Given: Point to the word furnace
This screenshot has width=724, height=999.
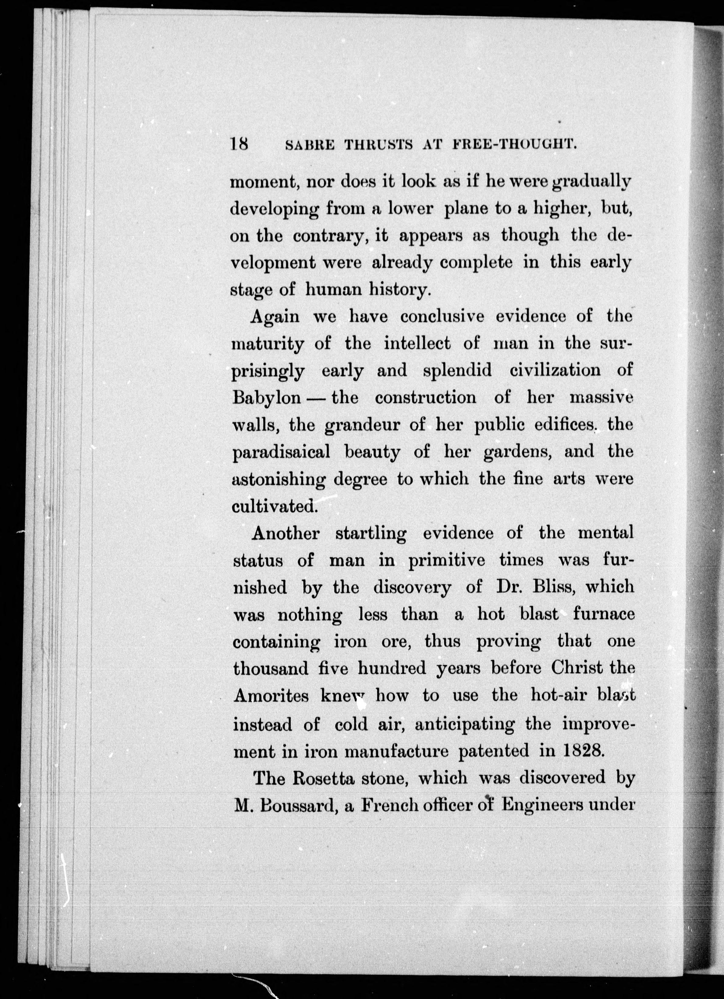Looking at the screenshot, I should click(604, 615).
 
